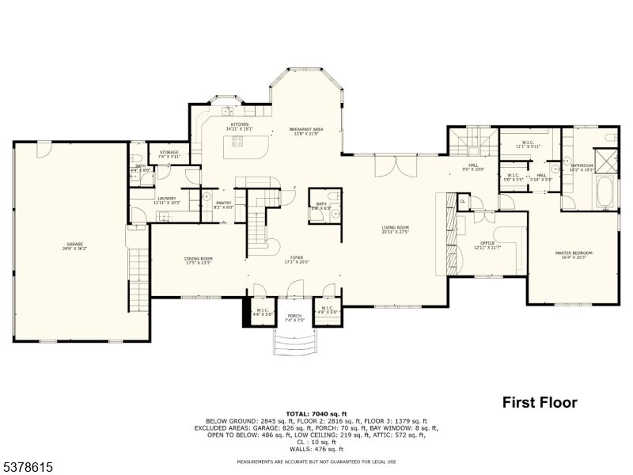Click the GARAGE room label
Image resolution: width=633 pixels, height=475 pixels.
(x=74, y=245)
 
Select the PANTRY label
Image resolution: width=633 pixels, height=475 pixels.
(x=223, y=204)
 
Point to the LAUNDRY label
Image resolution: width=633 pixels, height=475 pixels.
(x=165, y=200)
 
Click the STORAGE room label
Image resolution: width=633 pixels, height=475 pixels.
(x=169, y=154)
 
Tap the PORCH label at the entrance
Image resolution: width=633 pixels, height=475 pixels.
(x=294, y=317)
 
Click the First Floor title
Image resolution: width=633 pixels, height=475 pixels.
(x=540, y=402)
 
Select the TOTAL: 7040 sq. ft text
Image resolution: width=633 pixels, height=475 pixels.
(x=316, y=413)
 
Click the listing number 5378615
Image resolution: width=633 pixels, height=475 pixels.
(x=28, y=468)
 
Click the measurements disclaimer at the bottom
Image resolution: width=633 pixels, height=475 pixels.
(x=316, y=462)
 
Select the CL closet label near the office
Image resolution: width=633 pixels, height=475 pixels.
(x=462, y=201)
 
